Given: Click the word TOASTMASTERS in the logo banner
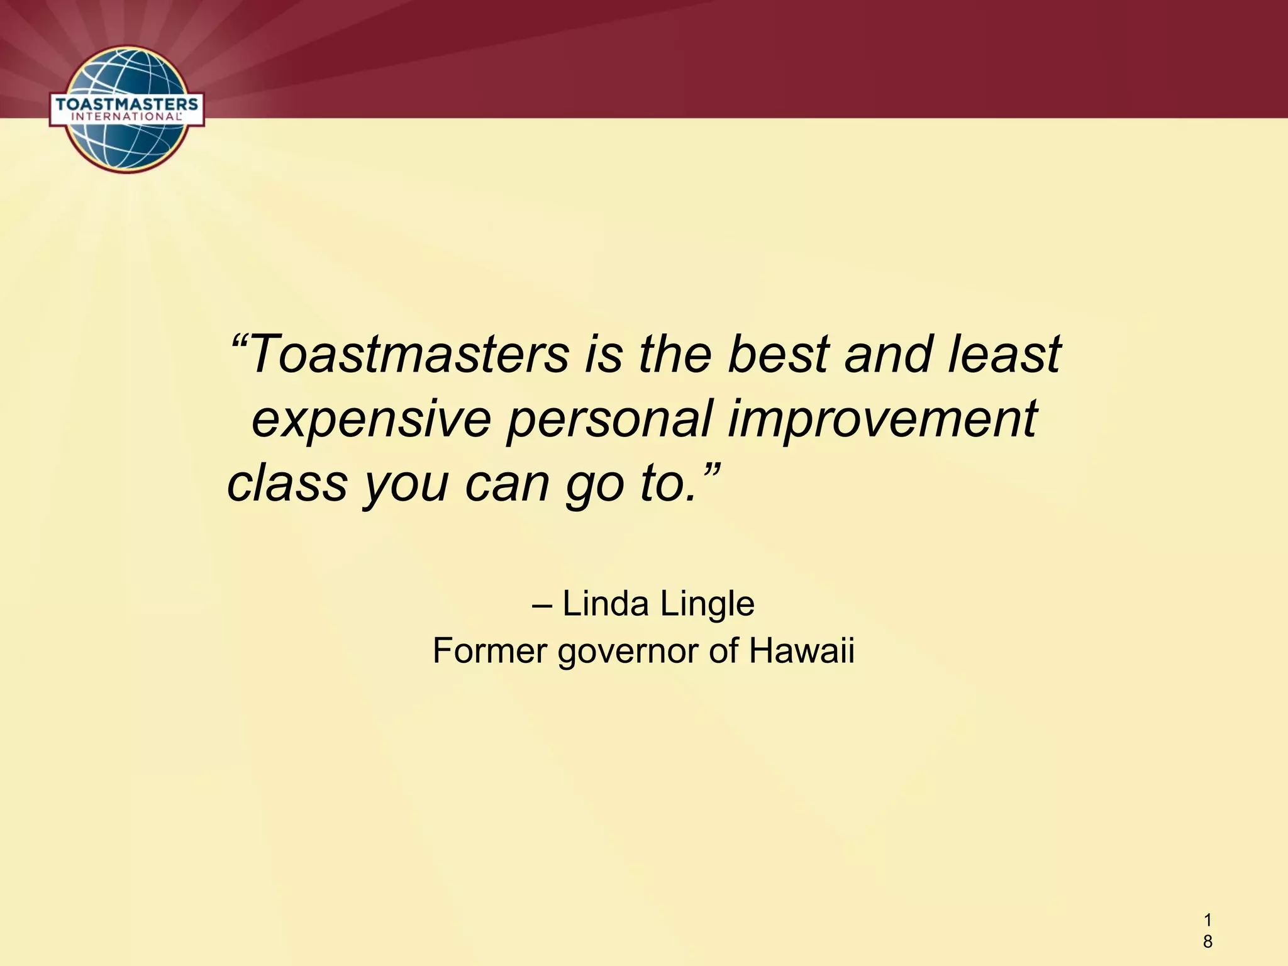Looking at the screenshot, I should click(x=126, y=103).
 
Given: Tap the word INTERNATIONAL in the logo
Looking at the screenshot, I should click(x=126, y=116).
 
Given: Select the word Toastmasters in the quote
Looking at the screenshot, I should click(x=409, y=353).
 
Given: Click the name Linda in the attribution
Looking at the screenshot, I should click(x=605, y=604).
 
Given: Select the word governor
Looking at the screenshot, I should click(x=628, y=652).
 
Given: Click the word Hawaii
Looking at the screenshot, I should click(x=801, y=650).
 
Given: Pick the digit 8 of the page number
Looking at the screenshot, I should click(x=1207, y=941).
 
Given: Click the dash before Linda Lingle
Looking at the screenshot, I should click(x=542, y=605).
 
